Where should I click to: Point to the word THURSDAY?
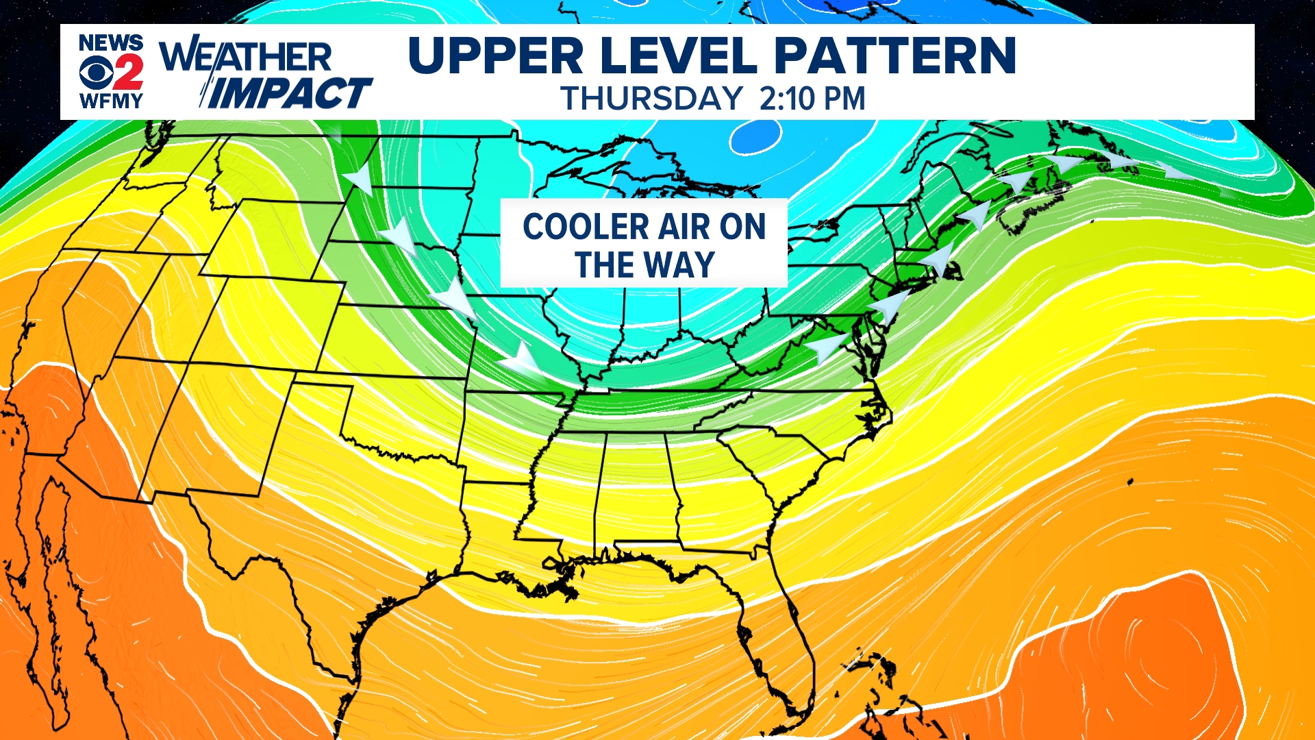click(651, 99)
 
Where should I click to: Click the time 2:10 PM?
click(812, 99)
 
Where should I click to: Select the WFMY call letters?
click(111, 101)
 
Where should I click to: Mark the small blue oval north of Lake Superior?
click(755, 137)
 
